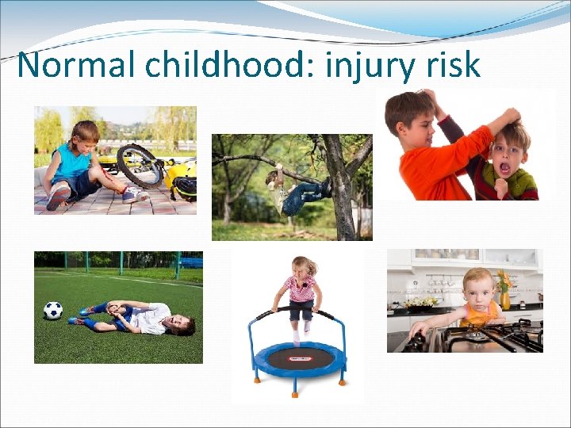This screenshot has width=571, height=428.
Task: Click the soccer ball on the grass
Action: (x=53, y=310)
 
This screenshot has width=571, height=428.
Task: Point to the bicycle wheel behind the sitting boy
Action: (x=139, y=165)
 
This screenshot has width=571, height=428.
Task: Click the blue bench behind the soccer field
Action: (x=190, y=262)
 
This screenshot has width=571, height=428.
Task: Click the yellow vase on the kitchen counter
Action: (x=505, y=300)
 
